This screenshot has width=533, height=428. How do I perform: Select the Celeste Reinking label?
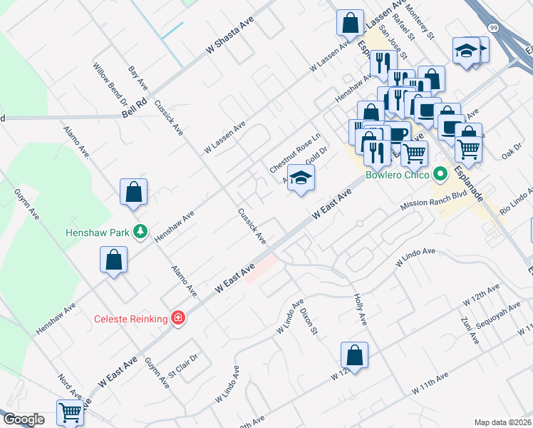point(131,319)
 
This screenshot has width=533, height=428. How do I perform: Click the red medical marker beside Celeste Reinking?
point(177,318)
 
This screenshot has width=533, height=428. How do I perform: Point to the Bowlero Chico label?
point(398,175)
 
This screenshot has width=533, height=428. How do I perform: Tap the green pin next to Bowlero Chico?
point(440,173)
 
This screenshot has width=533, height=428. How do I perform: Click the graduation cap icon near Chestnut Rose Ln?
point(301,179)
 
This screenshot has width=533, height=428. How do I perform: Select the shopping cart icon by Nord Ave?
point(71,412)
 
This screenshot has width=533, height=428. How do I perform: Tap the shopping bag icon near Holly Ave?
point(354,355)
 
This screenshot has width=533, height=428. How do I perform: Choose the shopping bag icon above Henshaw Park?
point(133,191)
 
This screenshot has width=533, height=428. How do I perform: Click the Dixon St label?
point(308,319)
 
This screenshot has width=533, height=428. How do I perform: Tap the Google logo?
point(24,419)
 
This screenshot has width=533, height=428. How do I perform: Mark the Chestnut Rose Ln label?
point(295,151)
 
